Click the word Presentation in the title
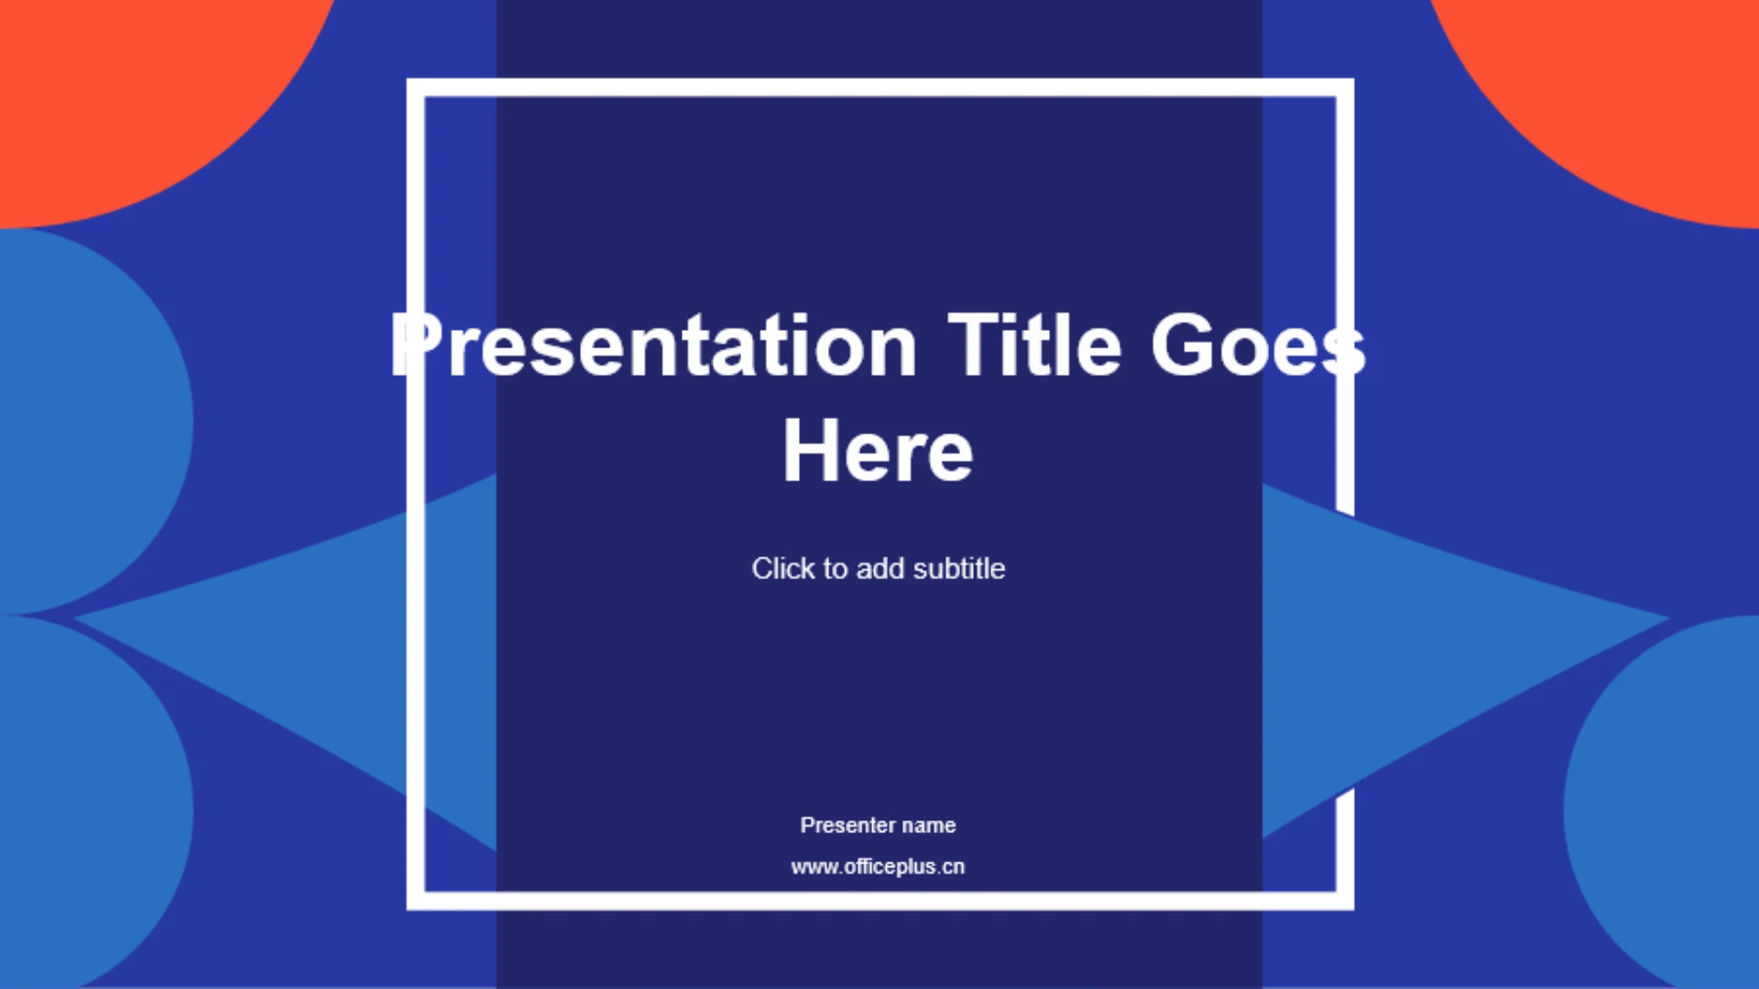pos(653,346)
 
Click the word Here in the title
pos(878,450)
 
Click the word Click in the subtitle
pos(783,568)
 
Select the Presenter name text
pos(878,825)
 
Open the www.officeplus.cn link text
pos(878,866)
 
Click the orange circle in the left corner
pos(137,92)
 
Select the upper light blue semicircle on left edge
pos(82,422)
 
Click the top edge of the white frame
pos(880,88)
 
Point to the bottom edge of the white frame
pos(880,901)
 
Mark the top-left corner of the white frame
pos(416,88)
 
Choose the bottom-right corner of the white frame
pos(1345,901)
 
